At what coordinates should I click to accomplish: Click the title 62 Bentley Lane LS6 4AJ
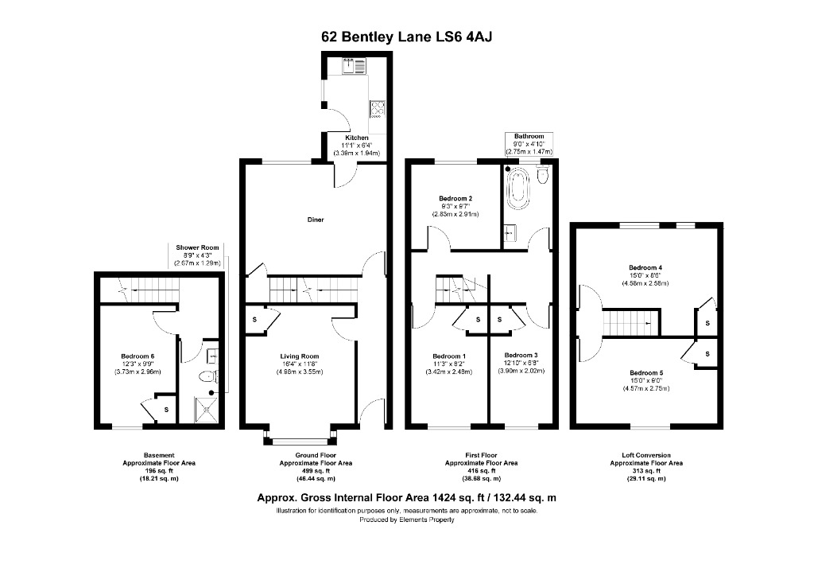(406, 36)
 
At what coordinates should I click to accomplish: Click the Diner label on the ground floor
(316, 220)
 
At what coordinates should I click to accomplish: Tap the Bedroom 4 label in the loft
(645, 267)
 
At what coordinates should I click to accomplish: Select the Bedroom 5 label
(645, 373)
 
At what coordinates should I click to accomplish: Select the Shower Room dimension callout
(197, 255)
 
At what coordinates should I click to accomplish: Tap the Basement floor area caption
(159, 467)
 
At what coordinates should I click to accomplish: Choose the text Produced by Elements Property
(406, 520)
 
